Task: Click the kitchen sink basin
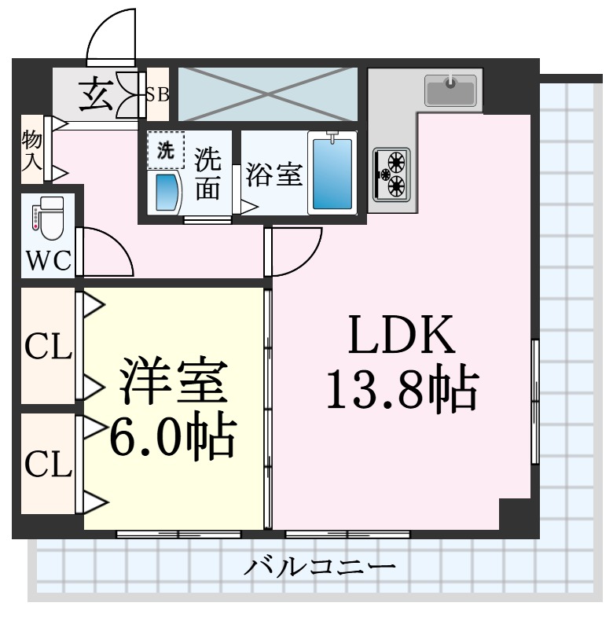click(x=450, y=90)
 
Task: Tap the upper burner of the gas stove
click(x=395, y=162)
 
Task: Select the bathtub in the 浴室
click(x=332, y=174)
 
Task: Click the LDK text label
click(x=402, y=335)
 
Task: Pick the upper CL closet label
click(x=48, y=346)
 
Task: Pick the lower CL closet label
click(x=48, y=464)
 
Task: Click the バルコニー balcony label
click(x=318, y=566)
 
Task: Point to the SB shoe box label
click(x=156, y=95)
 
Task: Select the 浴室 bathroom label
click(x=273, y=175)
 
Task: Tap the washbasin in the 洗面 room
click(x=167, y=192)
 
